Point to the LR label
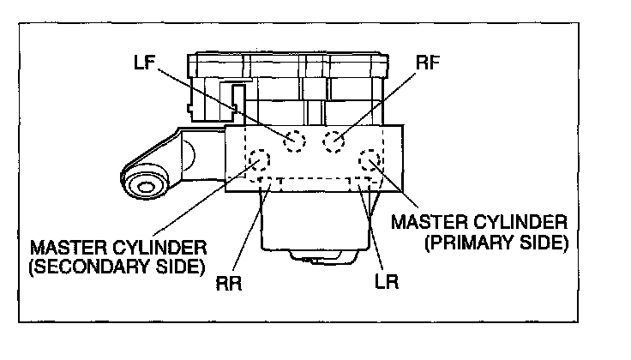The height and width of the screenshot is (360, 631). tap(388, 280)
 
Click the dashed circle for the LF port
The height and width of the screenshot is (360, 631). tap(295, 141)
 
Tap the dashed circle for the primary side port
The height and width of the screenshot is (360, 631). tap(372, 160)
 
